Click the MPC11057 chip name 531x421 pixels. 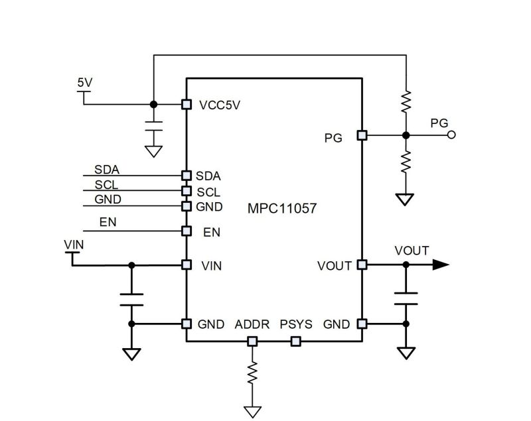pyautogui.click(x=282, y=208)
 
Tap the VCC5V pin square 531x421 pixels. pyautogui.click(x=187, y=105)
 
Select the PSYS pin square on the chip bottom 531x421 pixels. pyautogui.click(x=295, y=341)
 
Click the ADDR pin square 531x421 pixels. pyautogui.click(x=252, y=341)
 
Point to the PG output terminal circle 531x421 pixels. pyautogui.click(x=451, y=135)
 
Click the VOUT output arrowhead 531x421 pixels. pyautogui.click(x=441, y=265)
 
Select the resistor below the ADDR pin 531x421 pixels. pyautogui.click(x=252, y=373)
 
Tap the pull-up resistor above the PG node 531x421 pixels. pyautogui.click(x=406, y=101)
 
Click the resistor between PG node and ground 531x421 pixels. pyautogui.click(x=406, y=162)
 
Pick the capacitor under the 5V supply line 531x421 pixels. pyautogui.click(x=154, y=126)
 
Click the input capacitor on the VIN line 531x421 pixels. pyautogui.click(x=131, y=300)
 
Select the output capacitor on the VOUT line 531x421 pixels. pyautogui.click(x=406, y=298)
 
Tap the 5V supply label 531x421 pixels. pyautogui.click(x=85, y=82)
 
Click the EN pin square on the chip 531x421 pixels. pyautogui.click(x=187, y=231)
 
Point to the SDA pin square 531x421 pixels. pyautogui.click(x=187, y=176)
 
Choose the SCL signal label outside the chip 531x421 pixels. pyautogui.click(x=106, y=185)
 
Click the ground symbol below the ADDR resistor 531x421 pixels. pyautogui.click(x=252, y=412)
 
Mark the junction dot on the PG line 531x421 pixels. pyautogui.click(x=406, y=135)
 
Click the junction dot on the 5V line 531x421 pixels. pyautogui.click(x=154, y=105)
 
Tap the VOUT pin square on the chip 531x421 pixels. pyautogui.click(x=362, y=265)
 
